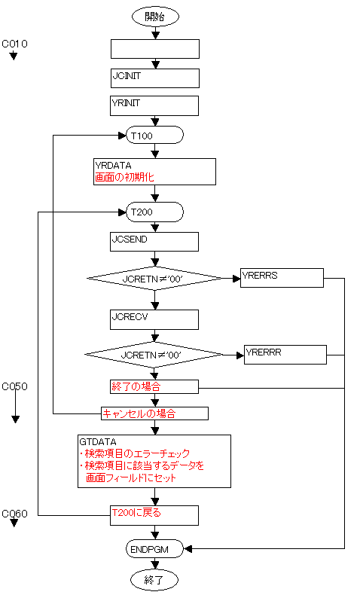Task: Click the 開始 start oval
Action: coord(155,17)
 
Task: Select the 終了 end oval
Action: coord(154,580)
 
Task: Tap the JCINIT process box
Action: coord(155,78)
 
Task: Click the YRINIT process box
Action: coord(154,105)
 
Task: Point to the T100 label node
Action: coord(155,135)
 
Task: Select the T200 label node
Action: coord(155,212)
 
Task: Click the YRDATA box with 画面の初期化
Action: coord(155,172)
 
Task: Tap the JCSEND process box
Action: coord(154,242)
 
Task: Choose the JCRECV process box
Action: coord(154,319)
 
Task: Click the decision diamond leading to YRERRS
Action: coord(154,279)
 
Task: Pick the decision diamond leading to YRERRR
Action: coord(154,355)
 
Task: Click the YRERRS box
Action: coord(282,278)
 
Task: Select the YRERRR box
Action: coord(285,355)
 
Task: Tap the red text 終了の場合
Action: coord(136,386)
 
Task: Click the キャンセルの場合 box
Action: coord(155,413)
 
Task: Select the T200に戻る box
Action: coord(154,515)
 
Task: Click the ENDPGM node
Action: coord(155,549)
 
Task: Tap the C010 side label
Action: coord(14,44)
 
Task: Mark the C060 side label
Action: coord(14,514)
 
